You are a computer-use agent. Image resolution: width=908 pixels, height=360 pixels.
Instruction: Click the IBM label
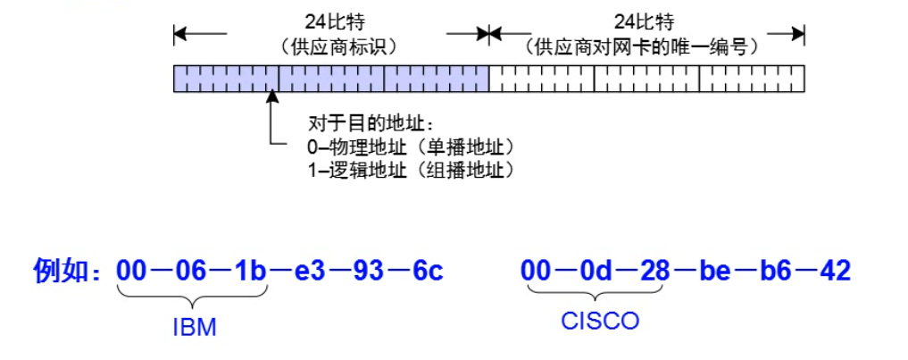pos(195,327)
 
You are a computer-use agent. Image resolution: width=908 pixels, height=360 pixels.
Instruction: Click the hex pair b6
pos(769,270)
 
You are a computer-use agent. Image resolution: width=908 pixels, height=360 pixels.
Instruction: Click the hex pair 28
pos(652,270)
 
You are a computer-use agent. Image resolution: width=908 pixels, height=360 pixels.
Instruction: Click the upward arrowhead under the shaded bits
pos(271,99)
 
